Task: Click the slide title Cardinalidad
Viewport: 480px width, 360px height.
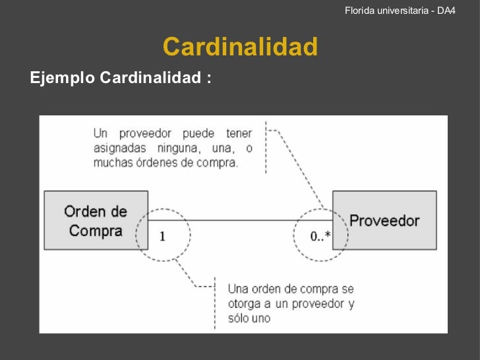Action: click(x=240, y=47)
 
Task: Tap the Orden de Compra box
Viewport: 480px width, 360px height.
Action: click(x=96, y=220)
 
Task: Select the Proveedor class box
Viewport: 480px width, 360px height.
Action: click(x=384, y=220)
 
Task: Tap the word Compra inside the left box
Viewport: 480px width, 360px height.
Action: click(x=96, y=231)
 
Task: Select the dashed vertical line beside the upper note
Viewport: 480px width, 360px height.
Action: click(x=265, y=147)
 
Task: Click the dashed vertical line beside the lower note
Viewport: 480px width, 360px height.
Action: click(x=214, y=305)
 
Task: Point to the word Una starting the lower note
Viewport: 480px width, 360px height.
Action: click(x=238, y=289)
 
